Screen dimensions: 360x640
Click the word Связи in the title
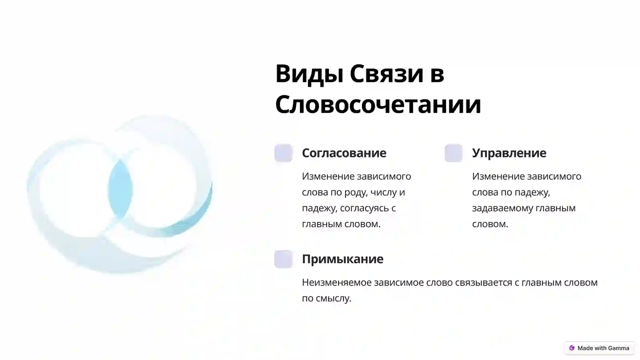tap(386, 74)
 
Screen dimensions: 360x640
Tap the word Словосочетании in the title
tap(378, 104)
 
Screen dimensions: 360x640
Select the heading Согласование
tap(344, 153)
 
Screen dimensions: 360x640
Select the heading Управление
tap(509, 153)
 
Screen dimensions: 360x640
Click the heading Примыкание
tap(342, 259)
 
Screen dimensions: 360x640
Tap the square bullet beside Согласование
tap(283, 153)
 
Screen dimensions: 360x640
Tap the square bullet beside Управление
tap(453, 153)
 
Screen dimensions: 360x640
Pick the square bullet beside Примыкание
tap(283, 259)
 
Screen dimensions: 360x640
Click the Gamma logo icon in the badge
tap(572, 348)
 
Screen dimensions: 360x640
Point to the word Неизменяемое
tap(336, 282)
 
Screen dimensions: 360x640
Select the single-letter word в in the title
tap(437, 74)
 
